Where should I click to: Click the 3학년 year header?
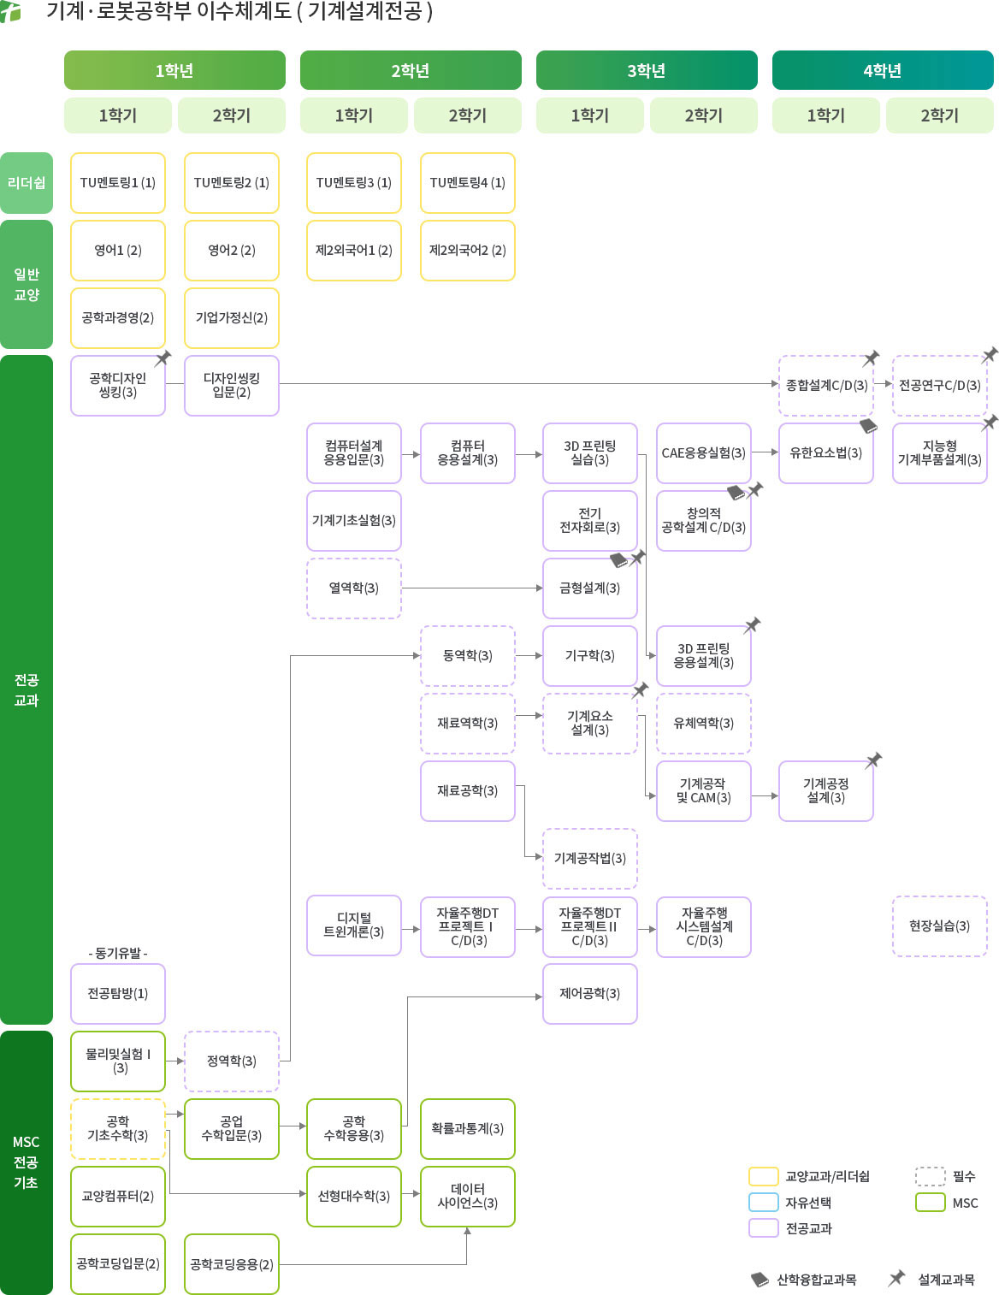pyautogui.click(x=647, y=70)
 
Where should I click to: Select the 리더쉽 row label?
pyautogui.click(x=27, y=183)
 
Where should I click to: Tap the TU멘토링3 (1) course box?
pyautogui.click(x=353, y=183)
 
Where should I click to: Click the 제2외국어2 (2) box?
pyautogui.click(x=467, y=251)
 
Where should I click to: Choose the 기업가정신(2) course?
pyautogui.click(x=231, y=318)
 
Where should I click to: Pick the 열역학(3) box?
pyautogui.click(x=353, y=588)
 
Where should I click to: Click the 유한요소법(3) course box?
pyautogui.click(x=825, y=453)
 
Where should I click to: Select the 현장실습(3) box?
pyautogui.click(x=939, y=926)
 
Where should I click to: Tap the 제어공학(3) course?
pyautogui.click(x=589, y=994)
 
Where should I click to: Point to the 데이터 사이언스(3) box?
pyautogui.click(x=467, y=1197)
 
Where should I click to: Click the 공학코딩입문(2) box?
pyautogui.click(x=117, y=1264)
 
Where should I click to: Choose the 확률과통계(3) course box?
pyautogui.click(x=467, y=1129)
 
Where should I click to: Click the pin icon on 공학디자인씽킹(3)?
pyautogui.click(x=163, y=358)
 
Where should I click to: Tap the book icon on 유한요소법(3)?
pyautogui.click(x=868, y=425)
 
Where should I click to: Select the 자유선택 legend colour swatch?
pyautogui.click(x=763, y=1202)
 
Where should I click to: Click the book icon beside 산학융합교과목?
pyautogui.click(x=760, y=1280)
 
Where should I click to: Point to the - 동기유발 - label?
pyautogui.click(x=117, y=953)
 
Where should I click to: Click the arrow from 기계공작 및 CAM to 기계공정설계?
pyautogui.click(x=765, y=796)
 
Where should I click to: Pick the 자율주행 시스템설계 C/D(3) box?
pyautogui.click(x=703, y=926)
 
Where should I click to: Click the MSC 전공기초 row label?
pyautogui.click(x=27, y=1162)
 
